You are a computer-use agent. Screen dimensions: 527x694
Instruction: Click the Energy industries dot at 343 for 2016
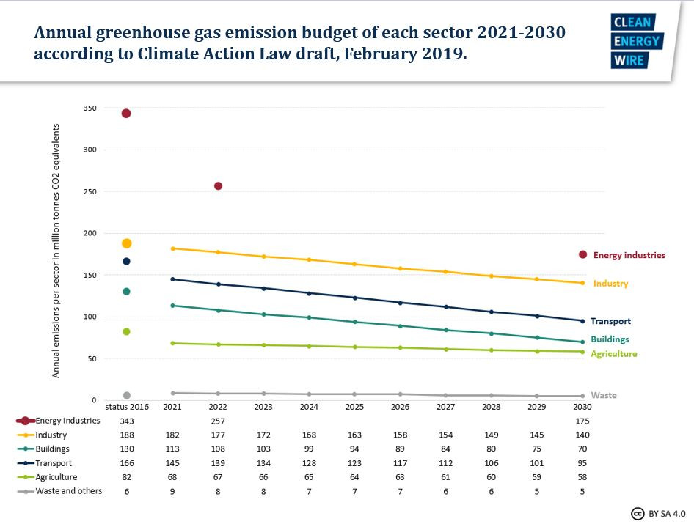pyautogui.click(x=126, y=113)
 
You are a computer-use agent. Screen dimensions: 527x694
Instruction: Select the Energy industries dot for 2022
pyautogui.click(x=218, y=186)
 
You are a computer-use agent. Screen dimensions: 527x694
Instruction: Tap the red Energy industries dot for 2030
pyautogui.click(x=583, y=254)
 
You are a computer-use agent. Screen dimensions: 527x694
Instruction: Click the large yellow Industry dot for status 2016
pyautogui.click(x=126, y=243)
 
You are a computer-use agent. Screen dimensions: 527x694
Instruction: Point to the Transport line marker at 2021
pyautogui.click(x=172, y=279)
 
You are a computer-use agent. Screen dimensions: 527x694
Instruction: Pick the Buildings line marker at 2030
pyautogui.click(x=583, y=342)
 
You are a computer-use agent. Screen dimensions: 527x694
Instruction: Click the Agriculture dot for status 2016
pyautogui.click(x=126, y=331)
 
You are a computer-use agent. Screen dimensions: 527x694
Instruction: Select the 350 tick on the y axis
pyautogui.click(x=91, y=108)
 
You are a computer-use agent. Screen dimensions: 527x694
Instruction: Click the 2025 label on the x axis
pyautogui.click(x=354, y=406)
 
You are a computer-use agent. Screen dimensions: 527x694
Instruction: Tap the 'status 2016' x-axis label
pyautogui.click(x=126, y=406)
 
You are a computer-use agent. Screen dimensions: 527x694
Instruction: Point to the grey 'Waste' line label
pyautogui.click(x=604, y=395)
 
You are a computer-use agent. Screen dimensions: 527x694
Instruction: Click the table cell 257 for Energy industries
pyautogui.click(x=218, y=421)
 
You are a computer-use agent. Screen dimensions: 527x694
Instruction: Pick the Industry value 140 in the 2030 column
pyautogui.click(x=582, y=435)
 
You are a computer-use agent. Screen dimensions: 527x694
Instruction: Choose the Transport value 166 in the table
pyautogui.click(x=126, y=462)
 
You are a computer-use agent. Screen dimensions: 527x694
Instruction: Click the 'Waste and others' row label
pyautogui.click(x=69, y=490)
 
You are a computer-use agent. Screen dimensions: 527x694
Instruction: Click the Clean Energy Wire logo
pyautogui.click(x=636, y=41)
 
